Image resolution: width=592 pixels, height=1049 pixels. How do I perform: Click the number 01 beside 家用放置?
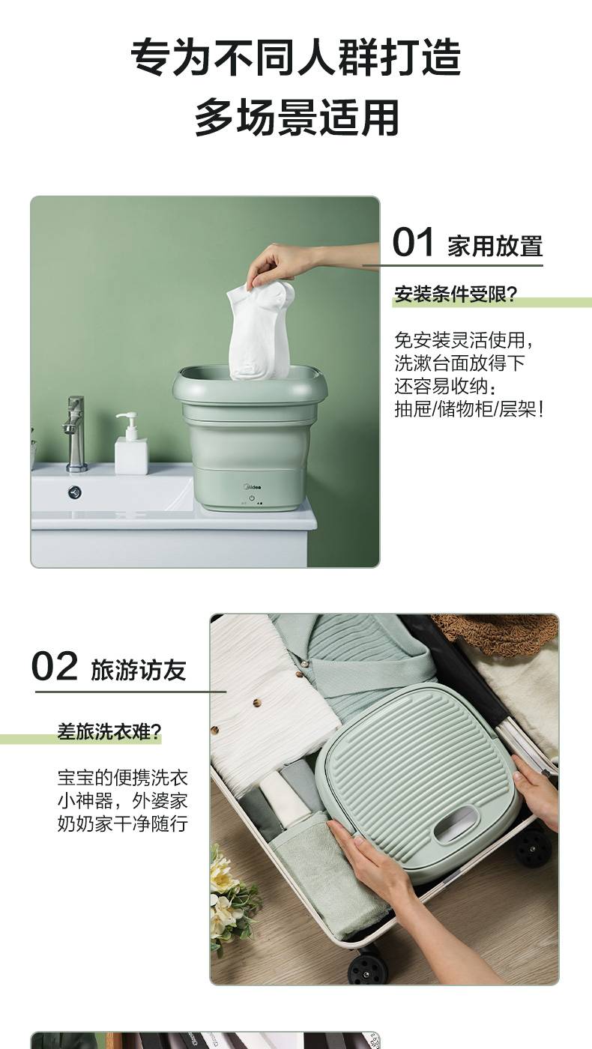(413, 242)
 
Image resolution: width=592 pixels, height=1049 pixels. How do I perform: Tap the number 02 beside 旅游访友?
(54, 666)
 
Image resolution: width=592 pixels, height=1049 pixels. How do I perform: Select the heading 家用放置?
(495, 247)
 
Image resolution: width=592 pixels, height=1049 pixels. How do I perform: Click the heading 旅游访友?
(139, 670)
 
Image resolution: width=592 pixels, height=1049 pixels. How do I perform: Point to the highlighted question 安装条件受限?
(456, 294)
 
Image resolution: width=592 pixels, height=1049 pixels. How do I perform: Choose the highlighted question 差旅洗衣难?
(109, 731)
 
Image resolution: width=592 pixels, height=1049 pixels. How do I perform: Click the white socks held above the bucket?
(260, 330)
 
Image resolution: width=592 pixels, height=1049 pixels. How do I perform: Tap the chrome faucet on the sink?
(74, 434)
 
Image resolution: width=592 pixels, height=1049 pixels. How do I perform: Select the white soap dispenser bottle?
(130, 443)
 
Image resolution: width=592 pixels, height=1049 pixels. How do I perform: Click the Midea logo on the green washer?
(253, 487)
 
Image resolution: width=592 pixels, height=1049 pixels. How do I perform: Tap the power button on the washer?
(252, 498)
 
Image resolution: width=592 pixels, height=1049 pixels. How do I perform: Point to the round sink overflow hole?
(74, 492)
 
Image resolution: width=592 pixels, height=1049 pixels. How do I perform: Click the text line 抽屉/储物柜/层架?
(469, 409)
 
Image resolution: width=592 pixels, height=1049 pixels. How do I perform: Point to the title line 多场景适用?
(297, 117)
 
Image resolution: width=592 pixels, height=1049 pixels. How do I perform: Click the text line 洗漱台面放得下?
(459, 363)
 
